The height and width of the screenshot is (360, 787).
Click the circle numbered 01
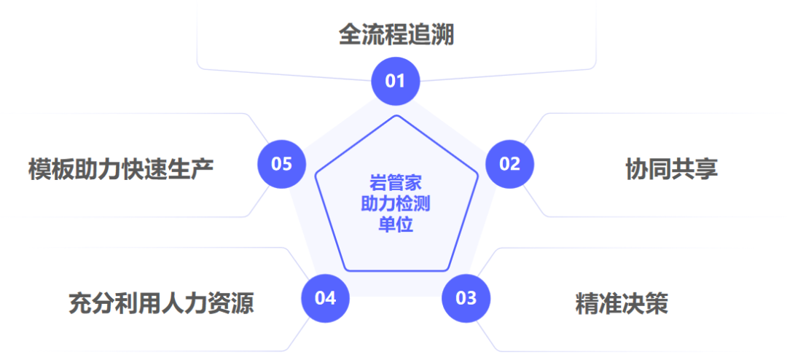tap(395, 81)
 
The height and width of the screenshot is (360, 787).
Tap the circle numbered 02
tap(510, 164)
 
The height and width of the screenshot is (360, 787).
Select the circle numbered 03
tap(466, 297)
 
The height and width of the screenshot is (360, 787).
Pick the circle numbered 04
tap(325, 297)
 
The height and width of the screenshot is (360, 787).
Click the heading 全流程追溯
tap(396, 34)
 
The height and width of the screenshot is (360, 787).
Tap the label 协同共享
tap(671, 168)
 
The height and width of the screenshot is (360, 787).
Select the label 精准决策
tap(622, 303)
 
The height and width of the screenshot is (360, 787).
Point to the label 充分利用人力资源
tap(161, 302)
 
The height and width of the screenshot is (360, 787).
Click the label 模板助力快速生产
tap(121, 168)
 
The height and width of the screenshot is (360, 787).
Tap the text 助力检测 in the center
tap(396, 203)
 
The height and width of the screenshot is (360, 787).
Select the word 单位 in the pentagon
tap(396, 224)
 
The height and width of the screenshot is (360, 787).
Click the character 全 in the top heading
tap(350, 34)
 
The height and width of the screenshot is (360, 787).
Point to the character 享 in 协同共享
tap(706, 168)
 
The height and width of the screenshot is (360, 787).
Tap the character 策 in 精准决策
tap(657, 303)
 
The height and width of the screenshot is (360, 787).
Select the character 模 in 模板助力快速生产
tap(40, 168)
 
